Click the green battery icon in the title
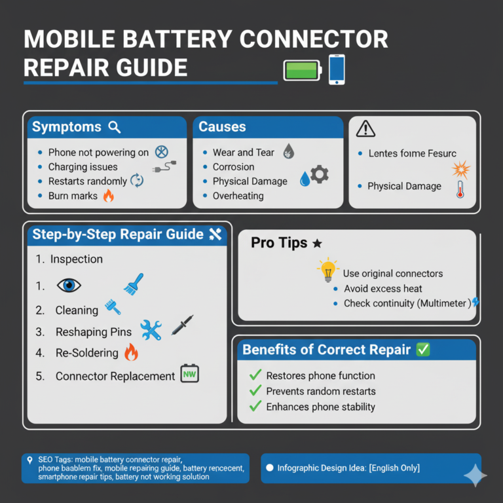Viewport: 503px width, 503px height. tap(302, 69)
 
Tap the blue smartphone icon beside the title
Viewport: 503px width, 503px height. tap(337, 69)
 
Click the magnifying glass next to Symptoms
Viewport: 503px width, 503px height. tap(115, 127)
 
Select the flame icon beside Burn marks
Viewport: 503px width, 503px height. tap(108, 195)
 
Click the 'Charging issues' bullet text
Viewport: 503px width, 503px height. tap(83, 167)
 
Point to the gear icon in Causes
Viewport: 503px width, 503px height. tap(319, 174)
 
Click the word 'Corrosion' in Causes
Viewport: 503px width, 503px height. tap(233, 167)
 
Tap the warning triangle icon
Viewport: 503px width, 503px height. tap(365, 130)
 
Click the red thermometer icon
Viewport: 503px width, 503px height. tap(460, 189)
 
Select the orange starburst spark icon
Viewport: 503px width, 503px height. tap(462, 170)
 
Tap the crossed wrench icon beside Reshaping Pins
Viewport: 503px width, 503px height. tap(151, 329)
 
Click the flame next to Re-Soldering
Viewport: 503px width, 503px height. tap(131, 352)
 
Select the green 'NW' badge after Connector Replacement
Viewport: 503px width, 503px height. tap(189, 374)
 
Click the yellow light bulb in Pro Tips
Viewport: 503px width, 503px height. tap(327, 270)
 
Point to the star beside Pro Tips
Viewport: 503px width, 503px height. tap(317, 244)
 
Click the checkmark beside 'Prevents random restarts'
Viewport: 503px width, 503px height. tap(255, 391)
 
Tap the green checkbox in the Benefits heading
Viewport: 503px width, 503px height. tap(423, 349)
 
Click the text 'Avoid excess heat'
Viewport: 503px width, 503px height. tap(383, 289)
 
